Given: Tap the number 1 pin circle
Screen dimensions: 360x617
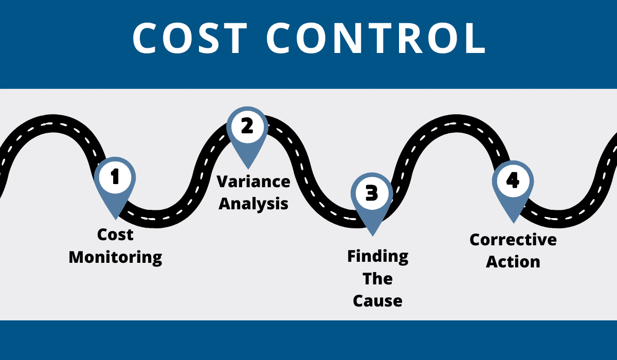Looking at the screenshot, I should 115,177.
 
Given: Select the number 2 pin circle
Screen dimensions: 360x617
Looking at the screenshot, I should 247,127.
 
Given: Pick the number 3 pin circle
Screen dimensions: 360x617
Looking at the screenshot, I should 372,193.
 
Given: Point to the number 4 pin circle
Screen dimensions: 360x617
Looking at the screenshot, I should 513,181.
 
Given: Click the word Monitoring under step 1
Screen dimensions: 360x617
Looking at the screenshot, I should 115,257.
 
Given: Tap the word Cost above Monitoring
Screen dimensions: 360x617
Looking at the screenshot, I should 115,235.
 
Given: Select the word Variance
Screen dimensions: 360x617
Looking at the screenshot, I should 253,182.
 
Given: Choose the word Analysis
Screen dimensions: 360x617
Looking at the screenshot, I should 253,203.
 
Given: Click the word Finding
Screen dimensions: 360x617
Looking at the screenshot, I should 377,256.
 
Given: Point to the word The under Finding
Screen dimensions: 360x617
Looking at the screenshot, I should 377,279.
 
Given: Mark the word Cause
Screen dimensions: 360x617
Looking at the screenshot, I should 377,301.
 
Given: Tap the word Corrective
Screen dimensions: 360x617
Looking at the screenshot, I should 513,240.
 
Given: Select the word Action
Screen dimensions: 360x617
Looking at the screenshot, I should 513,262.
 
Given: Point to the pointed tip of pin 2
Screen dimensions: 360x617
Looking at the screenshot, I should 248,168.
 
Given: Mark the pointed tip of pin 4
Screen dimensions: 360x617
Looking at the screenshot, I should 513,222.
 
